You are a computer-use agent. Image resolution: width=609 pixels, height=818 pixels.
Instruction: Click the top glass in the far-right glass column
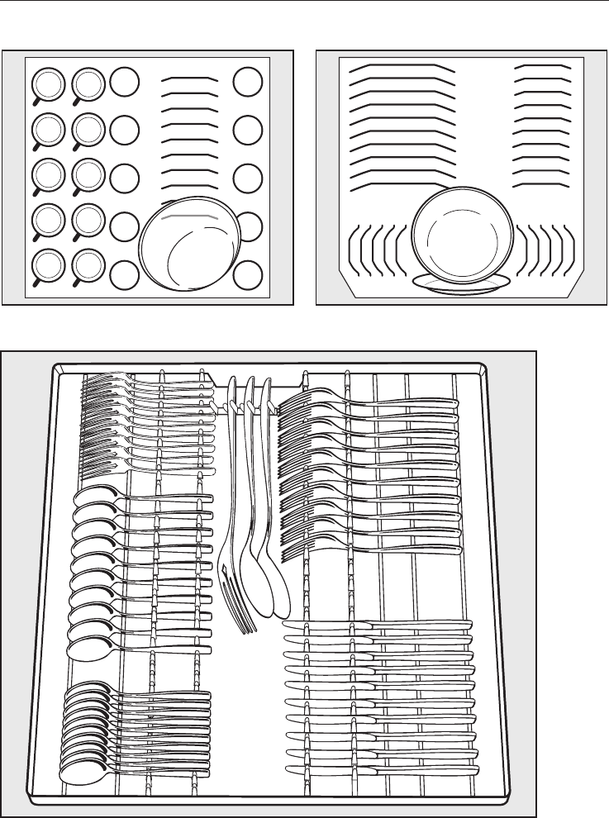pos(247,82)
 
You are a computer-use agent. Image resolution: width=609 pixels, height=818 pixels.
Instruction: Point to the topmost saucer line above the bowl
pos(190,79)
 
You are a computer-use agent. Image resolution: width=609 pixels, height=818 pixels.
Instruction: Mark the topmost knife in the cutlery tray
pos(380,625)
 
